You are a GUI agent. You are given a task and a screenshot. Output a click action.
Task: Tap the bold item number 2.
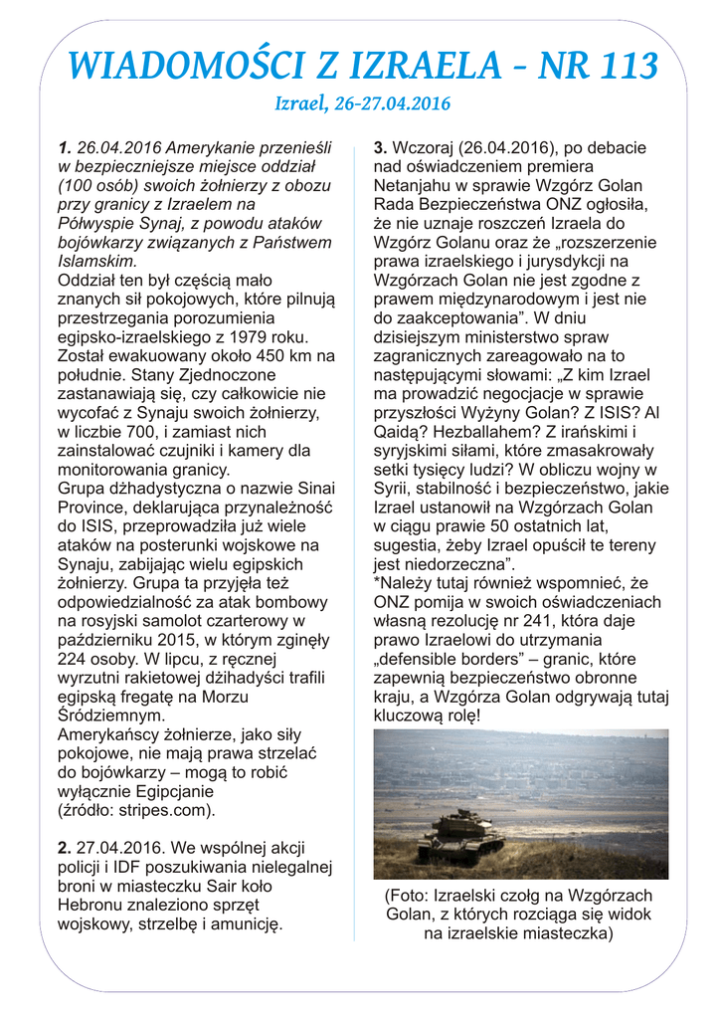tap(64, 848)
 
